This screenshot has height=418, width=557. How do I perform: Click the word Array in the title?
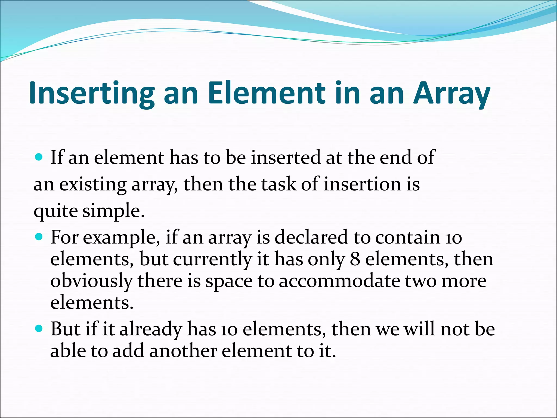pos(451,93)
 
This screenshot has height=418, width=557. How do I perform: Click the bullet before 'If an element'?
pos(39,157)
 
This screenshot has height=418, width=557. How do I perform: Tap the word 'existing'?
pos(92,185)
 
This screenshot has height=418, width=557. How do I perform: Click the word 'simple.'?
pos(113,211)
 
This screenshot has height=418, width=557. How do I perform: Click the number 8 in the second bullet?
pos(355,259)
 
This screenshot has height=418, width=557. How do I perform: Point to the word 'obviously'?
pos(91,281)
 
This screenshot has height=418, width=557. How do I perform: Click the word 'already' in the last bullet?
pos(150,330)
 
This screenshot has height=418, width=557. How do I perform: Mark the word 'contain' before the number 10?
pos(407,237)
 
